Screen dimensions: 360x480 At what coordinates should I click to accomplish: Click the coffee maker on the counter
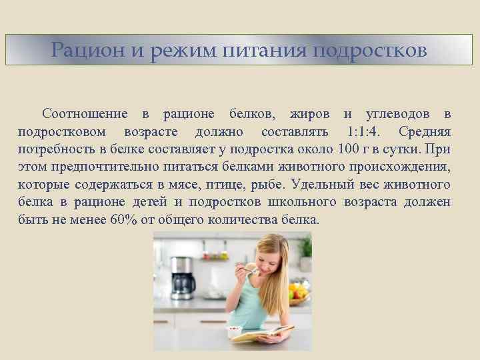click(182, 276)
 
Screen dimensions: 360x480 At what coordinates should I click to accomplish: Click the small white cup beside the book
click(235, 332)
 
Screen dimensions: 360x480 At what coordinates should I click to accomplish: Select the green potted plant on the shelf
click(305, 248)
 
